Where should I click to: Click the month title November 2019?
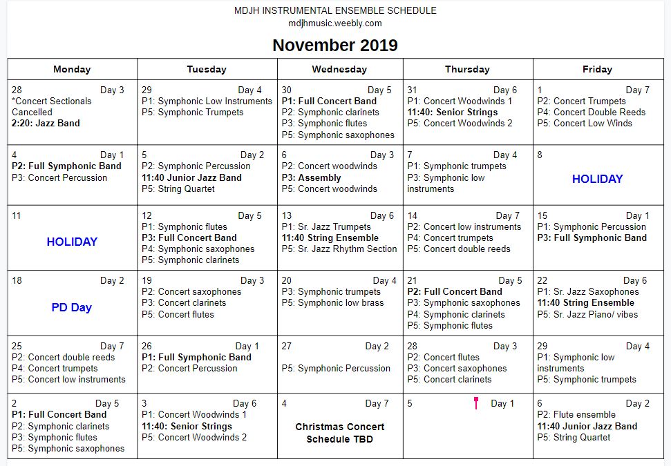pos(335,46)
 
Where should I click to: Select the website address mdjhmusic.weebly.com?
pos(335,23)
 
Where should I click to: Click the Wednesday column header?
pos(339,69)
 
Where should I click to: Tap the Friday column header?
pos(597,69)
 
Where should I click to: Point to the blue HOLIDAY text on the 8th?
pos(597,179)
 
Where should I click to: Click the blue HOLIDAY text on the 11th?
pos(72,242)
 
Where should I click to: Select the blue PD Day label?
pos(72,307)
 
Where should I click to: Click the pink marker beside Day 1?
pos(476,403)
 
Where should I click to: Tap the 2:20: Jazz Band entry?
pos(46,123)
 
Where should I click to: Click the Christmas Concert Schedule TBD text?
pos(339,433)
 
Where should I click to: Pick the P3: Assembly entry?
pos(312,177)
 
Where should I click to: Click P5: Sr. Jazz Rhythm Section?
pos(339,249)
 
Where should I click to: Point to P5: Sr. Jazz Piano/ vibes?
pos(587,314)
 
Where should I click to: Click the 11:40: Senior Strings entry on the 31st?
pos(453,112)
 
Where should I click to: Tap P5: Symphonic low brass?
pos(332,302)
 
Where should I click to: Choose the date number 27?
pos(287,346)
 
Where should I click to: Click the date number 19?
pos(147,280)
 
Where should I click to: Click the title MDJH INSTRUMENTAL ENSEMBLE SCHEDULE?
pos(335,10)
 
